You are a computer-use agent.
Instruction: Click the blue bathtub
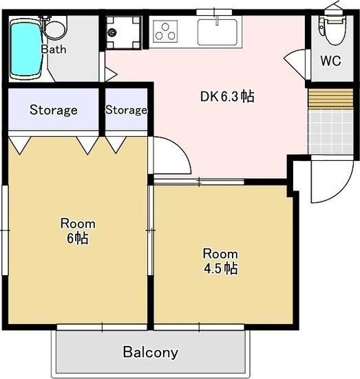point(26,49)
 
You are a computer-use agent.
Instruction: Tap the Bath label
point(54,50)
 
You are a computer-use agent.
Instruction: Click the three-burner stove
point(165,32)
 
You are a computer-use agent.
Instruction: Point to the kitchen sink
point(218,32)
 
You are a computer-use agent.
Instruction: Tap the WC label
point(330,61)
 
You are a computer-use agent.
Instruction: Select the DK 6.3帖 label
point(227,96)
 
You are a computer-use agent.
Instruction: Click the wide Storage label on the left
point(54,110)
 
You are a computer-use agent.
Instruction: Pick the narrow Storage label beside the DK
point(126,110)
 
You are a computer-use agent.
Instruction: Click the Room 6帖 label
point(78,231)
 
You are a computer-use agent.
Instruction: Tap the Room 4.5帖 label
point(220,261)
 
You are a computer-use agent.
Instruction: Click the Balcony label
point(151,352)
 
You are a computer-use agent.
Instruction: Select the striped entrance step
point(330,99)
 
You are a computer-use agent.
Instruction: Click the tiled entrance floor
point(330,132)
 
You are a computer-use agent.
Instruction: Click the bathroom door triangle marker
point(111,74)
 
